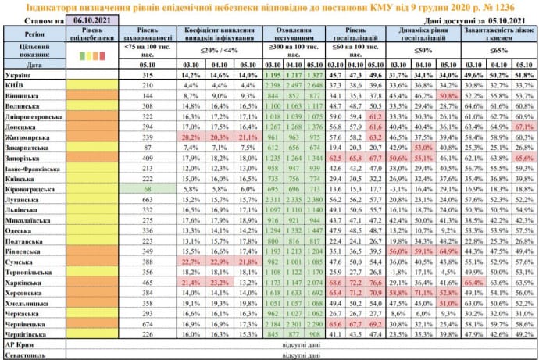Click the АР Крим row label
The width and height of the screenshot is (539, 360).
(x=23, y=342)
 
